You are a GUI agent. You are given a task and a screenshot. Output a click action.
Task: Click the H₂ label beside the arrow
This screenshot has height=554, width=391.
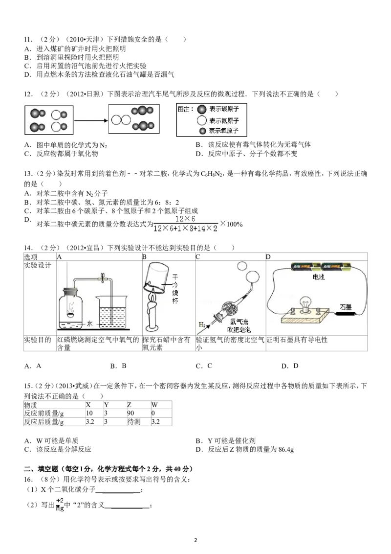[201, 324]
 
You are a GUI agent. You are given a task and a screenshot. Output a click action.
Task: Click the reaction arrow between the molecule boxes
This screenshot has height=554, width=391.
[90, 120]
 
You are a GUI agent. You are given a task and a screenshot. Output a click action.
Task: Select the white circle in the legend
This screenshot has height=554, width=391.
[202, 120]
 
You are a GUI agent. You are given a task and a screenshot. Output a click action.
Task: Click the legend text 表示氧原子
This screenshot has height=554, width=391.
[224, 131]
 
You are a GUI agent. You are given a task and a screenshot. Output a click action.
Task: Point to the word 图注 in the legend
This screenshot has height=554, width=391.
[186, 109]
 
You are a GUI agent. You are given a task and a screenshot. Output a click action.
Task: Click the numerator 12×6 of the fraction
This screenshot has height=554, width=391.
[185, 219]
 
